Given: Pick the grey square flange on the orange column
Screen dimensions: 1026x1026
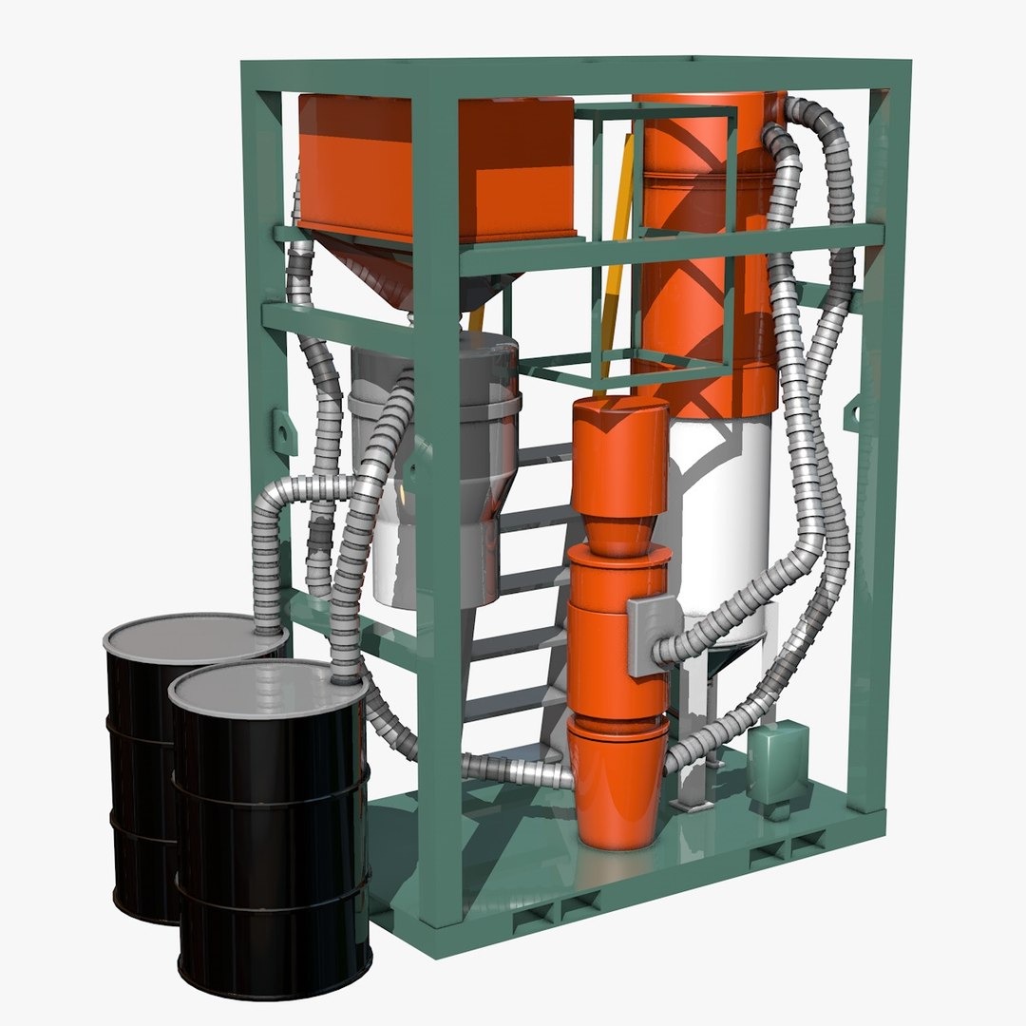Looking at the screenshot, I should tap(654, 635).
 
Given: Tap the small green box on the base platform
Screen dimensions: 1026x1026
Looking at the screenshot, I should tap(777, 760).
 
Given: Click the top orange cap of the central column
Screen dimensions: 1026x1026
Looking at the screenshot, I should tap(618, 456).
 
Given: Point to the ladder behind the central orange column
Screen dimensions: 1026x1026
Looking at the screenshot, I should tap(532, 608).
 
